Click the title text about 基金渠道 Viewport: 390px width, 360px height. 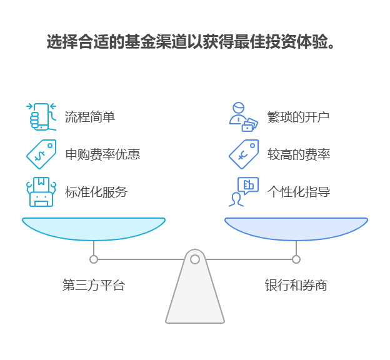pyautogui.click(x=191, y=42)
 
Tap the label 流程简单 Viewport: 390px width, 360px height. pyautogui.click(x=89, y=117)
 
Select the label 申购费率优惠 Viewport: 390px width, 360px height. pyautogui.click(x=102, y=154)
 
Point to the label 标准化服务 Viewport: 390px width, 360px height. pyautogui.click(x=96, y=192)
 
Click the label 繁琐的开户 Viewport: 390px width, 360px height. pyautogui.click(x=298, y=117)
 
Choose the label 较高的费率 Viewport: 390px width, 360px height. pyautogui.click(x=298, y=154)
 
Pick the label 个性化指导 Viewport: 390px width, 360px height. pyautogui.click(x=298, y=192)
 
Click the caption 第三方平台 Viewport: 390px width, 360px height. pyautogui.click(x=94, y=286)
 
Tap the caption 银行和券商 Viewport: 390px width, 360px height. pyautogui.click(x=296, y=286)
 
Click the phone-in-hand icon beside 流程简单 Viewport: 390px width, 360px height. pyautogui.click(x=41, y=116)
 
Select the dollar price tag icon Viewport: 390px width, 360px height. pyautogui.click(x=41, y=154)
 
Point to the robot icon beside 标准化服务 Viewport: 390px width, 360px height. pyautogui.click(x=41, y=192)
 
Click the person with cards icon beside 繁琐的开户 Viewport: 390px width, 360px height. pyautogui.click(x=242, y=117)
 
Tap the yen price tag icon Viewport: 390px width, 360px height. pyautogui.click(x=243, y=154)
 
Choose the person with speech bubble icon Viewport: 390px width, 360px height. pyautogui.click(x=243, y=192)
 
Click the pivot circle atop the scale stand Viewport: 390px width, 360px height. pyautogui.click(x=195, y=259)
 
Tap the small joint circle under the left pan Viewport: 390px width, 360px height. pyautogui.click(x=94, y=259)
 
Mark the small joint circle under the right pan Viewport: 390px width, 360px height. pyautogui.click(x=296, y=259)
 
